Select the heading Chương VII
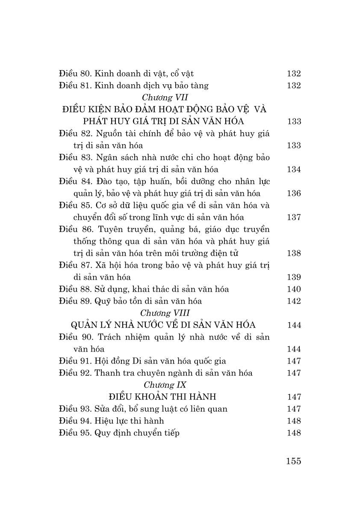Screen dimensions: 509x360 (165, 98)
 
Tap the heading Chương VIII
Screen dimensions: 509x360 (165, 313)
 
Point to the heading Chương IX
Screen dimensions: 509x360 (165, 385)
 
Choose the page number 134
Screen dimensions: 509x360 (294, 169)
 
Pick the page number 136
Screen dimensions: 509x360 (294, 193)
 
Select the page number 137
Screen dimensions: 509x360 (294, 217)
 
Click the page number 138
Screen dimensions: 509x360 (294, 253)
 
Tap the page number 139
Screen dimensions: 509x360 (294, 277)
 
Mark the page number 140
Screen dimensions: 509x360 (294, 289)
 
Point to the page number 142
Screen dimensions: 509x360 (294, 301)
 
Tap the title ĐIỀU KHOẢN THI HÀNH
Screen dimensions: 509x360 (165, 397)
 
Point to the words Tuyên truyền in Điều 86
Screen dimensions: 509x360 (122, 230)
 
